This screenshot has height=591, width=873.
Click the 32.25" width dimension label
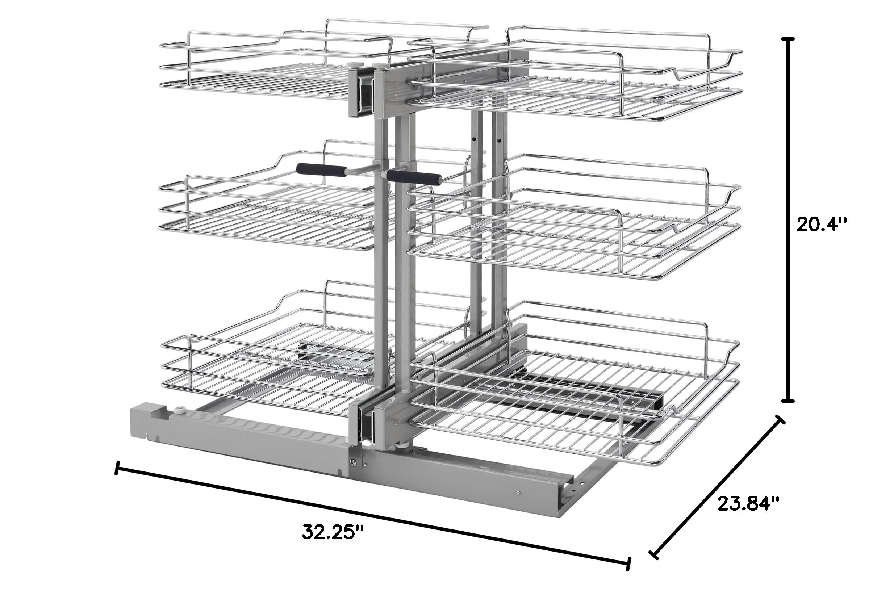tap(333, 532)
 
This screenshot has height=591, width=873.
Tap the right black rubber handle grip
tap(414, 177)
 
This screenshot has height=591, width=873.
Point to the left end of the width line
tap(118, 468)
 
